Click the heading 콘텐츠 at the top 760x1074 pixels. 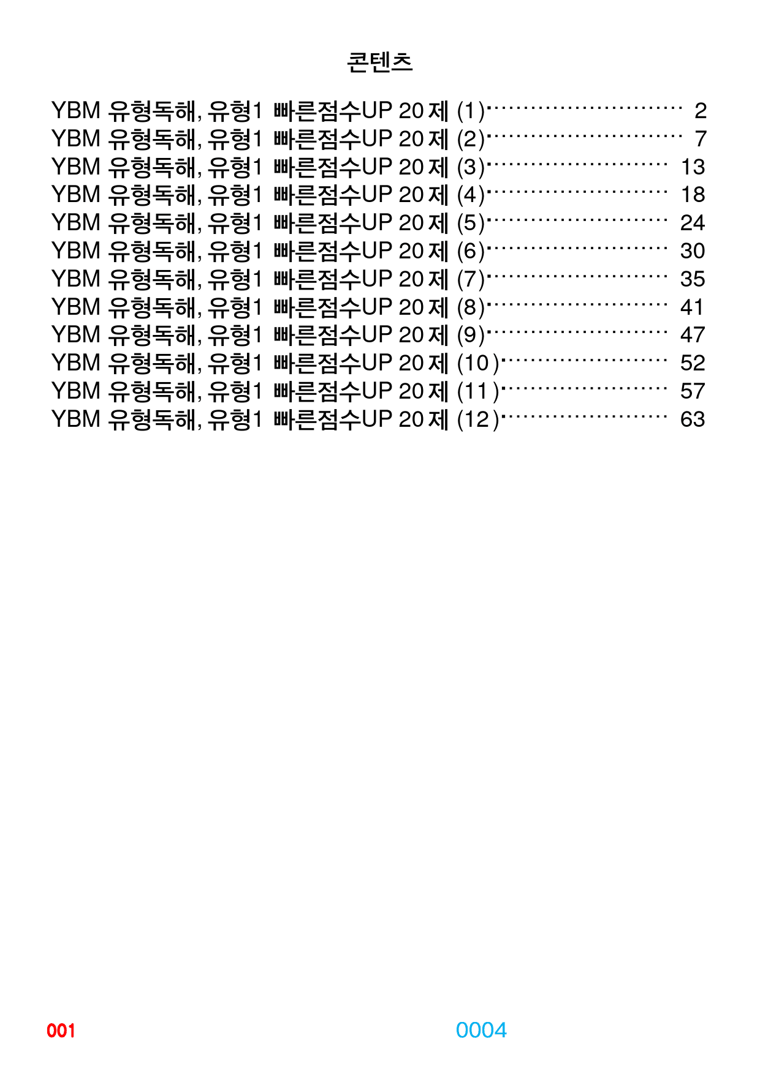pyautogui.click(x=379, y=62)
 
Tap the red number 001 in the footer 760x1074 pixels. pyautogui.click(x=61, y=1031)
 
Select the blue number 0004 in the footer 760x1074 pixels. pyautogui.click(x=481, y=1030)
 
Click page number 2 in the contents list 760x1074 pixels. pyautogui.click(x=701, y=111)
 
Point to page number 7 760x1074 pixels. pyautogui.click(x=701, y=139)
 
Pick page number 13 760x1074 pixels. pyautogui.click(x=693, y=167)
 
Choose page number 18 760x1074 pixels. pyautogui.click(x=693, y=195)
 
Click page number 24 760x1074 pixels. pyautogui.click(x=693, y=223)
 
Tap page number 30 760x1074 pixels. pyautogui.click(x=693, y=251)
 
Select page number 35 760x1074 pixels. pyautogui.click(x=693, y=279)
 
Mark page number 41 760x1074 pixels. pyautogui.click(x=693, y=307)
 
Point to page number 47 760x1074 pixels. pyautogui.click(x=693, y=335)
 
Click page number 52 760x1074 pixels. pyautogui.click(x=693, y=363)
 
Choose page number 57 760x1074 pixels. pyautogui.click(x=693, y=391)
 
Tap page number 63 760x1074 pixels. pyautogui.click(x=693, y=419)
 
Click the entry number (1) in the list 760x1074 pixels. pyautogui.click(x=471, y=111)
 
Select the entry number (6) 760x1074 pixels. pyautogui.click(x=471, y=252)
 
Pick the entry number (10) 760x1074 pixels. pyautogui.click(x=478, y=364)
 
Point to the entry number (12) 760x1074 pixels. pyautogui.click(x=478, y=420)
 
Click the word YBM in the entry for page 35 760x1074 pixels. pyautogui.click(x=76, y=279)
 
